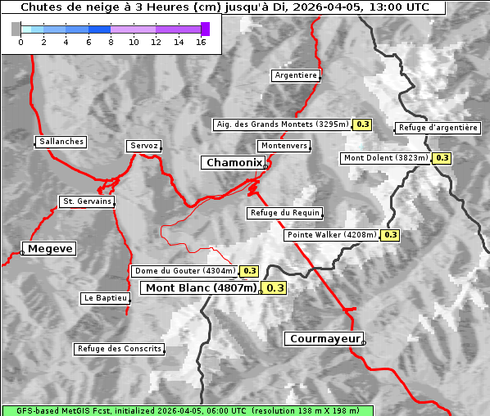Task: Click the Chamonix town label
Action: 234,163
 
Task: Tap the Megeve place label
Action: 50,249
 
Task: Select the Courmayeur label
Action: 324,338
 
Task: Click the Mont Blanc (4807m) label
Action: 201,288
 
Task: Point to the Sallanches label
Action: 61,142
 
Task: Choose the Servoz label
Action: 143,146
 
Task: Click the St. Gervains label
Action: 86,201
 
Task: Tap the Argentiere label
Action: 296,75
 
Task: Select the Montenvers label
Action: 284,146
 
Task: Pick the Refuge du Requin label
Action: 284,213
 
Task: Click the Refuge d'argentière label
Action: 438,128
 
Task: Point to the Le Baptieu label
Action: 105,298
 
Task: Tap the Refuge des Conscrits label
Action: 119,349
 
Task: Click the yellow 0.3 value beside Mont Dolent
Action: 442,158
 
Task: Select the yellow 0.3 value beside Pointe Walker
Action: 390,235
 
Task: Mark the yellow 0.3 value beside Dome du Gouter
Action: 249,271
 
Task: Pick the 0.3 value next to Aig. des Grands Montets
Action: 363,124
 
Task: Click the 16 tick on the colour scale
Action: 201,41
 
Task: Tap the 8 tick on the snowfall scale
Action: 111,41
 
